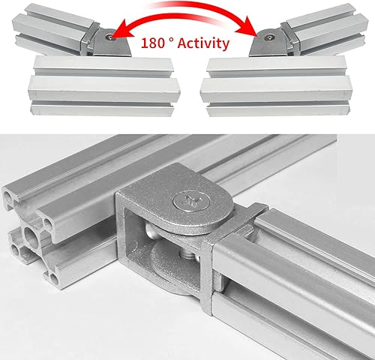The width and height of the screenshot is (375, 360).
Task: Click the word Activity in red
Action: pos(203,43)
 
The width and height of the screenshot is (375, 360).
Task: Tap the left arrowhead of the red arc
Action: pos(122,31)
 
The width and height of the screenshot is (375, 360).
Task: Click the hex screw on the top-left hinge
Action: pos(110,37)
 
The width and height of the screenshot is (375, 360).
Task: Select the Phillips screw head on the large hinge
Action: pos(191,200)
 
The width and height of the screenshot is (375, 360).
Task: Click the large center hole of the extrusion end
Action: pos(32,236)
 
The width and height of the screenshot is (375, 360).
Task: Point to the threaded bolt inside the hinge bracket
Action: pos(186,256)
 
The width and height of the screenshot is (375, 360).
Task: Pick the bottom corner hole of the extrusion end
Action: pos(54,279)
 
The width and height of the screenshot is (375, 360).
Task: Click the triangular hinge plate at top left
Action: pos(112,43)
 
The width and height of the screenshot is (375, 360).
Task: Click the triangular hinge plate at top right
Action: pos(267,43)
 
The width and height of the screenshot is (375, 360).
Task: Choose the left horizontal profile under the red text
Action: pos(104,86)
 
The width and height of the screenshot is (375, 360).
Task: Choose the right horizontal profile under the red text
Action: pos(276,86)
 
